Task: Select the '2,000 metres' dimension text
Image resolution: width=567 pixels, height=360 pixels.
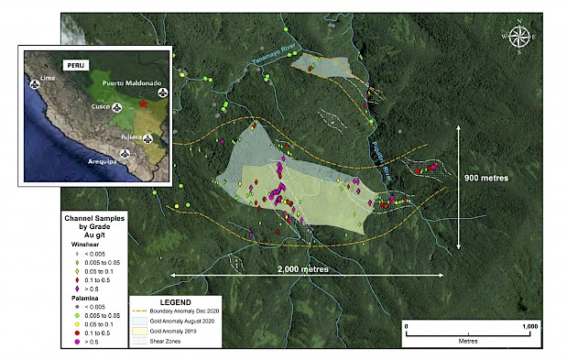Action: [302, 270]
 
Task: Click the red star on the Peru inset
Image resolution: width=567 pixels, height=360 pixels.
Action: [142, 104]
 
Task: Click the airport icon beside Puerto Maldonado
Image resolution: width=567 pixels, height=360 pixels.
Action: [162, 93]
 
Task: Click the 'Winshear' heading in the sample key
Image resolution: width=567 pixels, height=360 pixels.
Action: [85, 245]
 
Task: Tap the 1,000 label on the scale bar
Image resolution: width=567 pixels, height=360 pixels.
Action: [529, 326]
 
